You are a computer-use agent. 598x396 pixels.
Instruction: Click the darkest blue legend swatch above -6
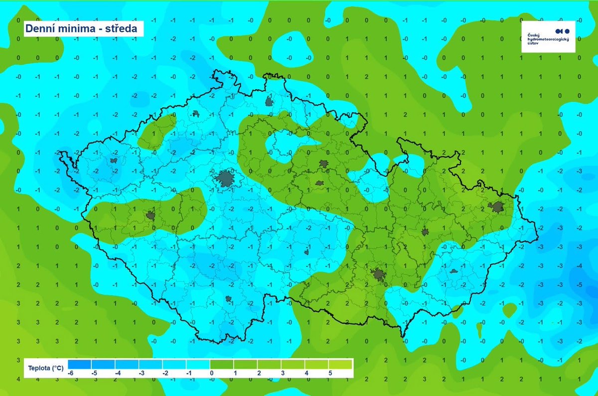click(x=79, y=364)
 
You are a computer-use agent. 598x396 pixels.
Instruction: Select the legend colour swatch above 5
click(x=341, y=364)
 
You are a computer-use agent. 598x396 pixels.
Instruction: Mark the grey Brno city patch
click(x=378, y=275)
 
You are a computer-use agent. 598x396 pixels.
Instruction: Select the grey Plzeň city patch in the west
click(x=150, y=216)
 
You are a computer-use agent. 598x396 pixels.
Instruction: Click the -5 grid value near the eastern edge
click(x=579, y=285)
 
